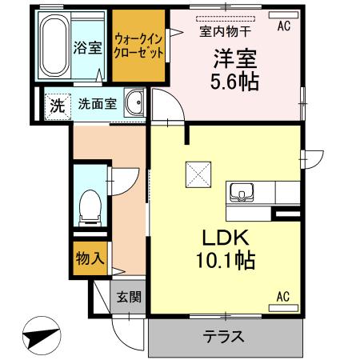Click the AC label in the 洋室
(283, 26)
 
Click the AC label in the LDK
(283, 298)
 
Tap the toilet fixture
(88, 206)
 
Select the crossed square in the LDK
(197, 173)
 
